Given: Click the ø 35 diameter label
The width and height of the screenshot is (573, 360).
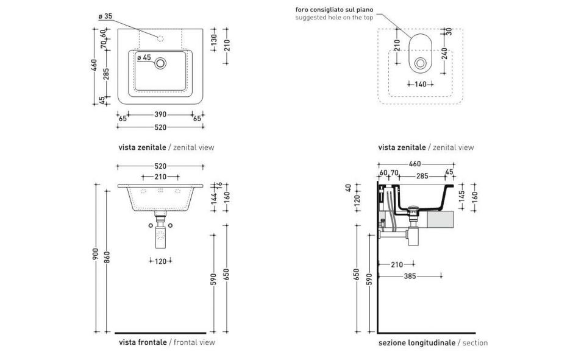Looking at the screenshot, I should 105,16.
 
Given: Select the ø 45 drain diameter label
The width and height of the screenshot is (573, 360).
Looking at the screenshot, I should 144,58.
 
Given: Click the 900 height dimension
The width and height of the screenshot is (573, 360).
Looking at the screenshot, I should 96,258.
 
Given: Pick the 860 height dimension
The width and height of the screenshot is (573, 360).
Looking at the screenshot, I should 108,258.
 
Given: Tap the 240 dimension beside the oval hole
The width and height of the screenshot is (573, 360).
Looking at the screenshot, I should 445,54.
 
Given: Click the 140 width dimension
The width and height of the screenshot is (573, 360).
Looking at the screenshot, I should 421,85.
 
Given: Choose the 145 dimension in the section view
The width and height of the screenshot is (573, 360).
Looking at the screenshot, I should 463,196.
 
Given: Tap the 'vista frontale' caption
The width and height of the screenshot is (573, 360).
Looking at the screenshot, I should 143,343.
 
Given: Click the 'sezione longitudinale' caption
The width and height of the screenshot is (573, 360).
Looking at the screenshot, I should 416,343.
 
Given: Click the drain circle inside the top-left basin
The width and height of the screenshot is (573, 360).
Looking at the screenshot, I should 161,63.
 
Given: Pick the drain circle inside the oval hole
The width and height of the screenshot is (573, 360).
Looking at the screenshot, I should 420,63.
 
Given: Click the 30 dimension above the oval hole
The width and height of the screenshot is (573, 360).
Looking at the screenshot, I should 449,31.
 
